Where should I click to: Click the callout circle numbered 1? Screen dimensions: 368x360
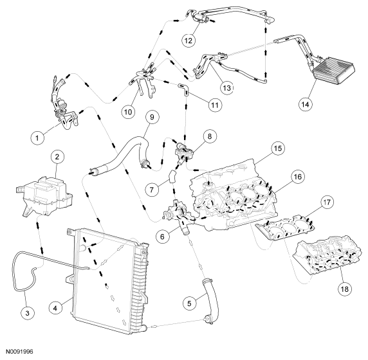coord(37,138)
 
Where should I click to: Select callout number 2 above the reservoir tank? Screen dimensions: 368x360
coord(57,157)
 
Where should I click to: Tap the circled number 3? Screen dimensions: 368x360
coord(27,312)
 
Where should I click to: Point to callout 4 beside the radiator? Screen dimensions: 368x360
coord(55,307)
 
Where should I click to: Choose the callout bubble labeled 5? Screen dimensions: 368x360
coord(189,303)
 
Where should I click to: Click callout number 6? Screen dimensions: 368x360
coord(162,237)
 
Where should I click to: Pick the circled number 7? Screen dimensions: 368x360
coord(152,189)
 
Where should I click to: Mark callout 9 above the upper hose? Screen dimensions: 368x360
coord(152,116)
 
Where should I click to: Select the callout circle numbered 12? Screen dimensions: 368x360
coord(189,40)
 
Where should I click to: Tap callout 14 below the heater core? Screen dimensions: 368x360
coord(306,104)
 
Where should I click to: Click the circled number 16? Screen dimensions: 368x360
coord(297,176)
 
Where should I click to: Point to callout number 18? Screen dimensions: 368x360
coord(345,289)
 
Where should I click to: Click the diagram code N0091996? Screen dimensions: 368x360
coord(19,352)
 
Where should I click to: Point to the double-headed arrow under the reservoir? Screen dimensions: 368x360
coord(40,237)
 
